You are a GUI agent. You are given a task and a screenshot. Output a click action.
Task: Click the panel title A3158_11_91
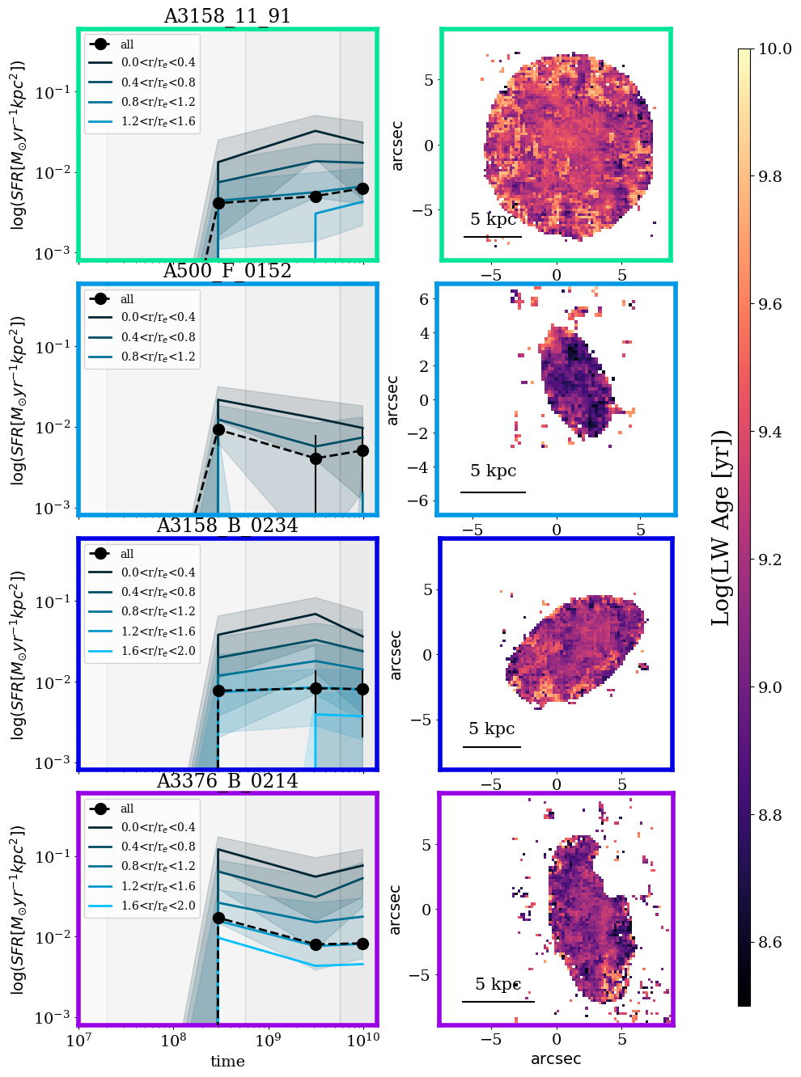(227, 16)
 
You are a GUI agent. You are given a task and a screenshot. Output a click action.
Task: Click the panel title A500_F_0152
(227, 271)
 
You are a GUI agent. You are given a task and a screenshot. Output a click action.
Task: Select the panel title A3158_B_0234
(227, 526)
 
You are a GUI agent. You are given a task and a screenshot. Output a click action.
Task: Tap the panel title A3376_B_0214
(227, 781)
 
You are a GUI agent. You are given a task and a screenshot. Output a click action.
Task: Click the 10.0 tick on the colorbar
(774, 49)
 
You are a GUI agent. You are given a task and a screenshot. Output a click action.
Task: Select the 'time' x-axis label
(227, 1062)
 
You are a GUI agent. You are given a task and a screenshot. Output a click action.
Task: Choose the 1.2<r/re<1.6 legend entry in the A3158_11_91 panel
(158, 122)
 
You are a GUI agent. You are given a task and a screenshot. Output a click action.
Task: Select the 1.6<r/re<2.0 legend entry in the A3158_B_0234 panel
(158, 651)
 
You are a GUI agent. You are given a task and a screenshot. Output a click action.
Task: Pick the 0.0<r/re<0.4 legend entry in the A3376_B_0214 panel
(158, 827)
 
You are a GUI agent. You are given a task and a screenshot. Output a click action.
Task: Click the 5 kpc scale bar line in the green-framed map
(492, 237)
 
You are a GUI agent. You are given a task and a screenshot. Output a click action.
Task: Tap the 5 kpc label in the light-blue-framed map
(493, 471)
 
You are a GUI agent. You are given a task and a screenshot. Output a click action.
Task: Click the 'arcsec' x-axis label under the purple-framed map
(556, 1058)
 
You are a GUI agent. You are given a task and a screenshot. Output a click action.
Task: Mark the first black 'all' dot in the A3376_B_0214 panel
(218, 919)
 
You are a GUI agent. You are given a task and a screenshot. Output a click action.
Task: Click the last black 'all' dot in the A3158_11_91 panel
(362, 188)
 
